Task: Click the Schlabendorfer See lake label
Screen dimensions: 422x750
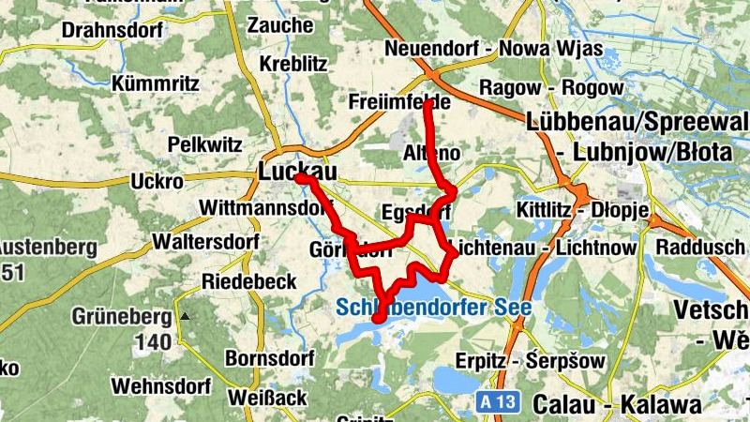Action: pyautogui.click(x=433, y=307)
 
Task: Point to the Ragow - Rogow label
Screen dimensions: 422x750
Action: pyautogui.click(x=550, y=88)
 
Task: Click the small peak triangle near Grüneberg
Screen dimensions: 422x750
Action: pyautogui.click(x=185, y=316)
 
